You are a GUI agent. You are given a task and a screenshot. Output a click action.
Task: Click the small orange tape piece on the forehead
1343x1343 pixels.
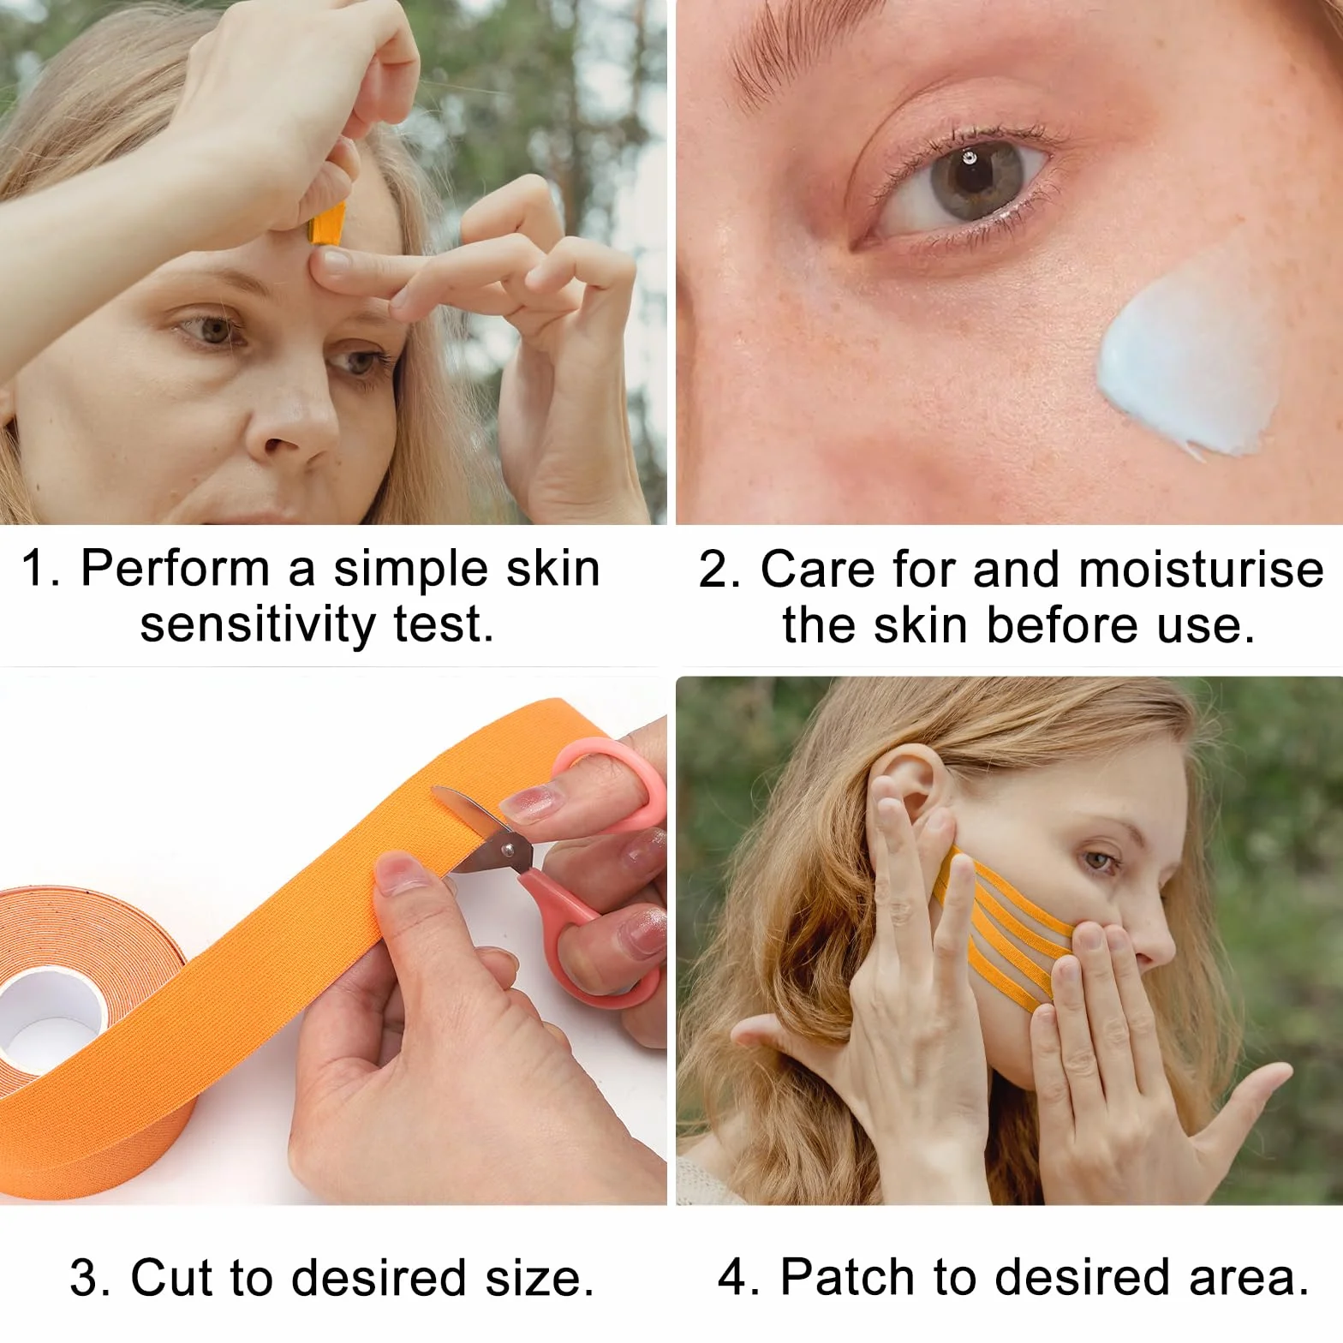pyautogui.click(x=326, y=221)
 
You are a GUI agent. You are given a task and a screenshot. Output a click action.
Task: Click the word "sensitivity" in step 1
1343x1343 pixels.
pyautogui.click(x=257, y=625)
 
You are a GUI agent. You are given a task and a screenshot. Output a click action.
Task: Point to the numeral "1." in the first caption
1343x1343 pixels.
pyautogui.click(x=40, y=569)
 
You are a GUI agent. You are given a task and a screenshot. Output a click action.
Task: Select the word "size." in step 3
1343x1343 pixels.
pyautogui.click(x=540, y=1280)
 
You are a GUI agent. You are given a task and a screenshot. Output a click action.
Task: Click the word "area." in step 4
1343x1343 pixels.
pyautogui.click(x=1250, y=1279)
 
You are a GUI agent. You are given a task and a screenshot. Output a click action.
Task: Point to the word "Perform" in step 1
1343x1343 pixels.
pyautogui.click(x=174, y=569)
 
